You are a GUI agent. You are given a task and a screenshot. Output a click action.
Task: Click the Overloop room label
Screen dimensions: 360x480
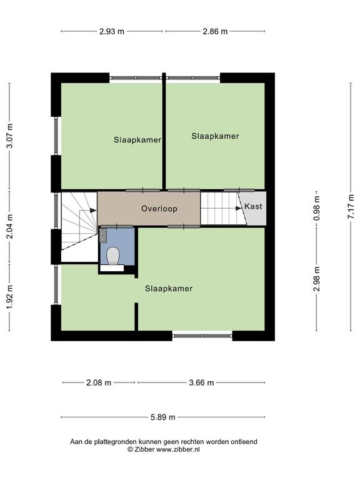[x=159, y=209]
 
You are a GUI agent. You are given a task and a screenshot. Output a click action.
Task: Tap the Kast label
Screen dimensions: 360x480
[x=253, y=206]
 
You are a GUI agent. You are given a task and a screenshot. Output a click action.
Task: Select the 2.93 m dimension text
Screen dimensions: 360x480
[x=112, y=31]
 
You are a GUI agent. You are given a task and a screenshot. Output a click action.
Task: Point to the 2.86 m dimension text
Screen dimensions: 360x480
[x=215, y=31]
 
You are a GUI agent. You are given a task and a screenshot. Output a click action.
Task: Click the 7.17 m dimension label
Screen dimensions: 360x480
[x=351, y=206]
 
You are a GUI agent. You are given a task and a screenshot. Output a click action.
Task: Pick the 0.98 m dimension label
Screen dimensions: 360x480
[x=316, y=209]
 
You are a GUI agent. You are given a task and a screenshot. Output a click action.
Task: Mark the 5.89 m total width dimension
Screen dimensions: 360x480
[x=163, y=417]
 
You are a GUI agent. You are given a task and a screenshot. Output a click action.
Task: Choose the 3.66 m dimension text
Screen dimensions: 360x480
[x=201, y=382]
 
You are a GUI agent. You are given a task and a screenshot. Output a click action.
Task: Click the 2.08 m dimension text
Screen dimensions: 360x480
[x=99, y=382]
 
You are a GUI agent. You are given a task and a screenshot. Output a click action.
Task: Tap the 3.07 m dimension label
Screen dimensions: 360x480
[x=10, y=136]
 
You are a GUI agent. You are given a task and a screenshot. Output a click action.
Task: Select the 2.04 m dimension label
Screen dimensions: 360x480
[x=10, y=226]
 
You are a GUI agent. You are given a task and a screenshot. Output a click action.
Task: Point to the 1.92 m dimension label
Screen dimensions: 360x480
[x=10, y=297]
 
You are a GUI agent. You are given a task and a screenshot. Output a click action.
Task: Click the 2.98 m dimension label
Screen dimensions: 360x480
[x=316, y=279]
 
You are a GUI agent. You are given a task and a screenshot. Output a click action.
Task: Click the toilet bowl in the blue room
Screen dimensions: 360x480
[x=112, y=256]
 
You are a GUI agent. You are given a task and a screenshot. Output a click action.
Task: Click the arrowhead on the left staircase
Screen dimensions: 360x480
[x=93, y=210]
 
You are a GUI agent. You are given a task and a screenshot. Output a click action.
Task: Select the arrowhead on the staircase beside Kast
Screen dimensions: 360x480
[x=239, y=208]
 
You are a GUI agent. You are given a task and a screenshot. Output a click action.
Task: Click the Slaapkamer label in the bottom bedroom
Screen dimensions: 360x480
[x=169, y=288]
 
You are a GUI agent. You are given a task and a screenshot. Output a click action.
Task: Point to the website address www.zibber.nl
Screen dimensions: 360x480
[x=178, y=450]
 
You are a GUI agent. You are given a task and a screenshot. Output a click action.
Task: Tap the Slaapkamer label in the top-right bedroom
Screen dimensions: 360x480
[x=215, y=136]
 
